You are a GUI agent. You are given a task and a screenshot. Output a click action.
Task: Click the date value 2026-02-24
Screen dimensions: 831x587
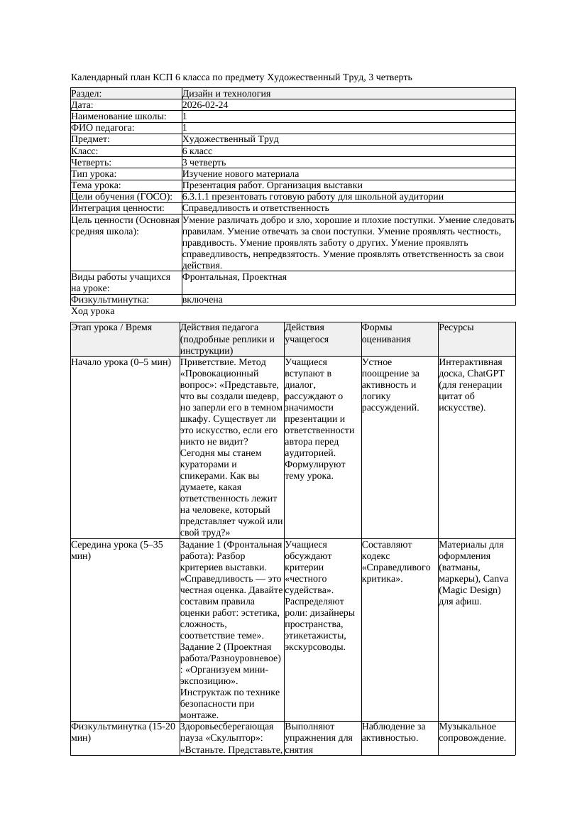point(205,104)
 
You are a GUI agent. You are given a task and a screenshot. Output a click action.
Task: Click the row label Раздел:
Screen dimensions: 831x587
point(87,93)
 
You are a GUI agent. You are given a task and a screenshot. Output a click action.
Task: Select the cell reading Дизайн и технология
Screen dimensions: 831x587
point(226,93)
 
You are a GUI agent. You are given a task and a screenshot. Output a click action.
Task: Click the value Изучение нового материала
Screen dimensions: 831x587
point(240,173)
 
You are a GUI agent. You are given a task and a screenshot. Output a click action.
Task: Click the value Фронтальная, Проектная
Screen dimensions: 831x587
point(234,276)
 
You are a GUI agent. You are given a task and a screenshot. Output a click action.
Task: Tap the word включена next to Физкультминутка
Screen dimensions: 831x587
point(202,300)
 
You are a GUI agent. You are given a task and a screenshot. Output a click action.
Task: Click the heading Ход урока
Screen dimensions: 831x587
point(93,311)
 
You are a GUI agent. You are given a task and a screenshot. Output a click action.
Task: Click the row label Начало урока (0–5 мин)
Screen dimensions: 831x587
point(121,362)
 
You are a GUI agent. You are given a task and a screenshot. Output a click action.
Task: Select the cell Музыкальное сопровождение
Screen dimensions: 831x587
point(472,732)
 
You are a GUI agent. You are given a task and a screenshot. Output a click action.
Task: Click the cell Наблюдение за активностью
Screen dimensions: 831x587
point(393,732)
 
